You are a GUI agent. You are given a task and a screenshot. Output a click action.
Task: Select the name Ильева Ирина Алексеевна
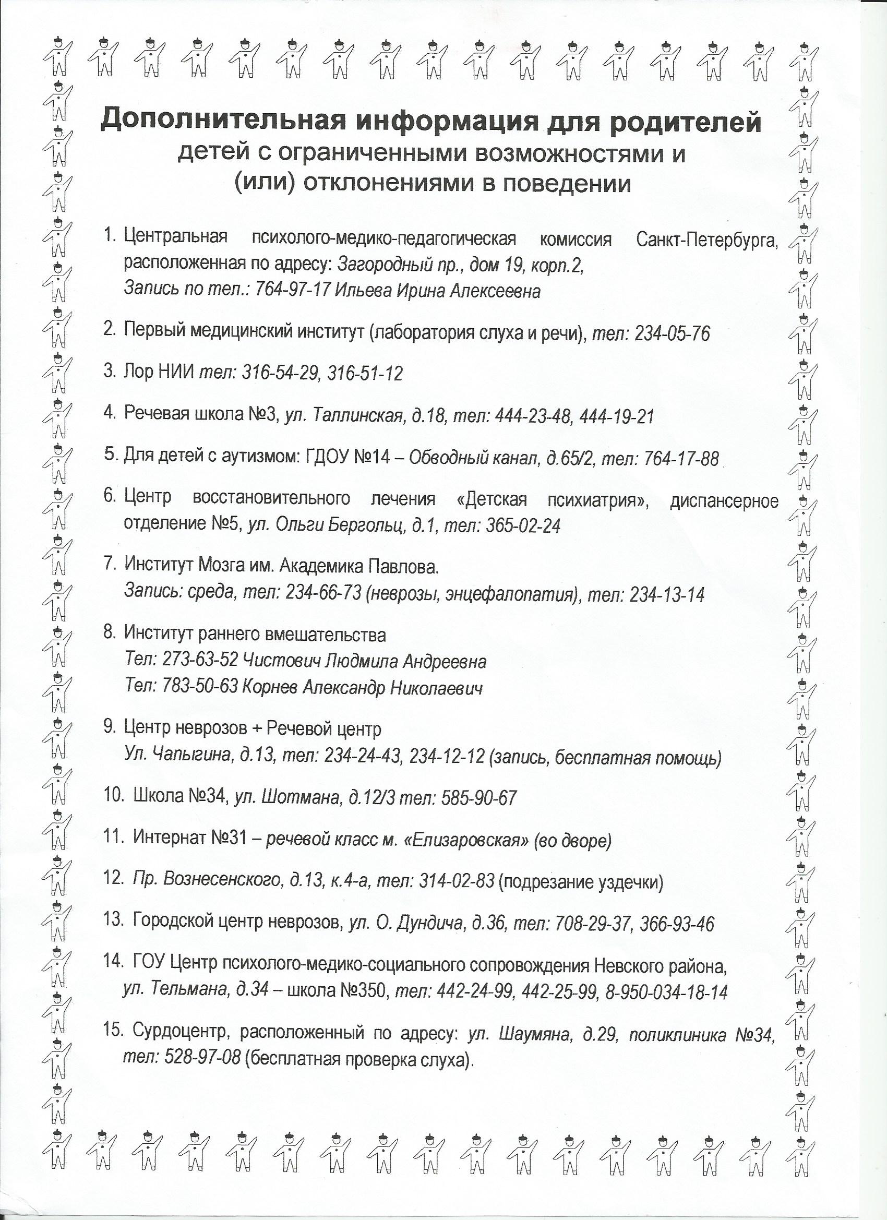point(438,291)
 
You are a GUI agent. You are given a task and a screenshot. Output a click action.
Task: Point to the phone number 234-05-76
point(672,334)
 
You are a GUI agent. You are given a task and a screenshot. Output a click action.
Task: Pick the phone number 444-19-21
point(618,416)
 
